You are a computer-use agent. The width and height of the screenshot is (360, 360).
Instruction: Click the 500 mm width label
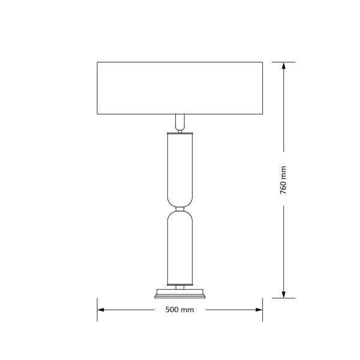pyautogui.click(x=179, y=310)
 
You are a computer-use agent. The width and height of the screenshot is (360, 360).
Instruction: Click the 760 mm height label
pyautogui.click(x=283, y=180)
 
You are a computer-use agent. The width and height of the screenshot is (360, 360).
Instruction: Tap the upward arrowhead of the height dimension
pyautogui.click(x=284, y=65)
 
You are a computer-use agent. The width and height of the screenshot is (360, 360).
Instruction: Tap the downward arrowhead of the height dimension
pyautogui.click(x=284, y=295)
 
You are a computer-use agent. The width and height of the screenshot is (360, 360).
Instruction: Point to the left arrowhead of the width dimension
pyautogui.click(x=101, y=310)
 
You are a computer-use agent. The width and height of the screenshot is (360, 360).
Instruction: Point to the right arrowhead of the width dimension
pyautogui.click(x=259, y=310)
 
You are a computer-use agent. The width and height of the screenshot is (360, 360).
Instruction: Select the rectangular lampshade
pyautogui.click(x=180, y=88)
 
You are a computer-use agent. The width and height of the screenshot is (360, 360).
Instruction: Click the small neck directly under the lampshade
pyautogui.click(x=180, y=123)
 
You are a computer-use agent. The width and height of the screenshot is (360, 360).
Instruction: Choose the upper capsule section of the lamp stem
pyautogui.click(x=180, y=170)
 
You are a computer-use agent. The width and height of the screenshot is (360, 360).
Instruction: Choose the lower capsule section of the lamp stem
pyautogui.click(x=180, y=248)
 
